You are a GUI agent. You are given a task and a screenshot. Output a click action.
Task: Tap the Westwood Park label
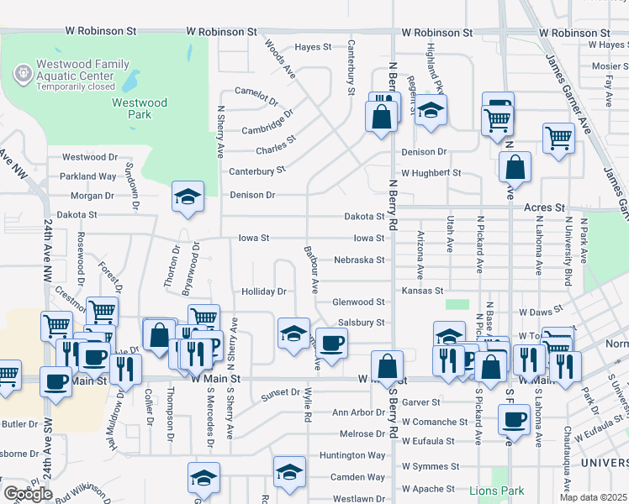[x=140, y=108]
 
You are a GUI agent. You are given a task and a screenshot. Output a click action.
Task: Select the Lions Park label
[x=498, y=491]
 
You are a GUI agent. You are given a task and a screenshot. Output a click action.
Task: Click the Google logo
[x=28, y=493]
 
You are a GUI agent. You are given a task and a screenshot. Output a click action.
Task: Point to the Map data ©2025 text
[x=593, y=497]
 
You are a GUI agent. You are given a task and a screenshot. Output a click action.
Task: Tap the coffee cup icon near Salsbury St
[x=331, y=343]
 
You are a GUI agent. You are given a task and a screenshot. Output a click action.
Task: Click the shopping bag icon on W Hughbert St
[x=515, y=166]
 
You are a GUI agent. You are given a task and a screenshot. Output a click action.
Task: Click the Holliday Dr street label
[x=265, y=291]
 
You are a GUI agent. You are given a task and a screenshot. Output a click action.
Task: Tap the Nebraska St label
[x=359, y=260]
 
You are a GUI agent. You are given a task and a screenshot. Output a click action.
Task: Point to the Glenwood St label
[x=358, y=302]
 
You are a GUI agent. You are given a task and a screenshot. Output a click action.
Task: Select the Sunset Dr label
[x=281, y=392]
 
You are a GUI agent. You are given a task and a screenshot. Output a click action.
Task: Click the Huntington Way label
[x=352, y=455]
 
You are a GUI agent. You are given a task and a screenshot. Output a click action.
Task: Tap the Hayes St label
[x=314, y=47]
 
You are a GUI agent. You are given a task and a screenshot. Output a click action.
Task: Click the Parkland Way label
[x=87, y=176]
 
